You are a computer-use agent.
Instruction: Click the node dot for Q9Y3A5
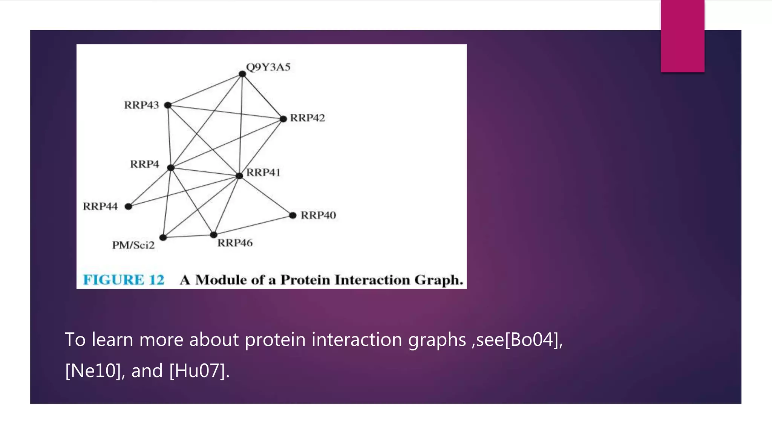pyautogui.click(x=242, y=74)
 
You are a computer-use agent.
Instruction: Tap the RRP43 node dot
pyautogui.click(x=168, y=105)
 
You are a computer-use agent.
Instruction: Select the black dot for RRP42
pyautogui.click(x=283, y=119)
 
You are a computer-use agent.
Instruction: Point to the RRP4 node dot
pyautogui.click(x=171, y=168)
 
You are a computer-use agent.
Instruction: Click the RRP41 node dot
pyautogui.click(x=239, y=176)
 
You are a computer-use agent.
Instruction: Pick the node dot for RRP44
pyautogui.click(x=129, y=206)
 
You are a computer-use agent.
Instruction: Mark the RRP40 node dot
pyautogui.click(x=293, y=215)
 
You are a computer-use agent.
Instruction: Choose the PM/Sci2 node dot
pyautogui.click(x=163, y=237)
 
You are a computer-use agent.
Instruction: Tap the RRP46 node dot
pyautogui.click(x=214, y=235)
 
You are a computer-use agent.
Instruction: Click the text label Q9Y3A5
pyautogui.click(x=268, y=67)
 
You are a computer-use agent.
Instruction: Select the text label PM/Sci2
pyautogui.click(x=133, y=245)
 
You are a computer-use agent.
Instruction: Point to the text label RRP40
pyautogui.click(x=318, y=215)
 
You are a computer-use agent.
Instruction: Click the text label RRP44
pyautogui.click(x=100, y=206)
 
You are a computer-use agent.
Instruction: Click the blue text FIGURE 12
pyautogui.click(x=124, y=280)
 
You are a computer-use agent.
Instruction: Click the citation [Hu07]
pyautogui.click(x=199, y=371)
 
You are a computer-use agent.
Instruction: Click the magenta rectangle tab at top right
pyautogui.click(x=682, y=36)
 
